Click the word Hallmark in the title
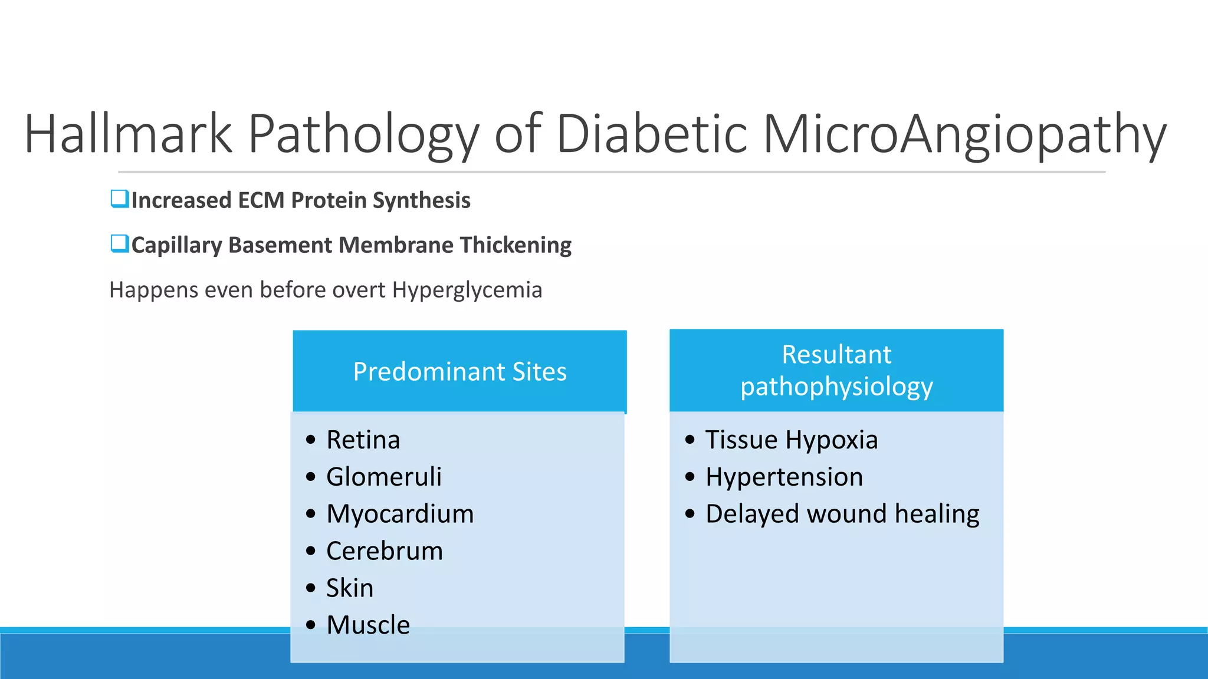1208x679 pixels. point(128,134)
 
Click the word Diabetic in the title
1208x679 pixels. point(652,134)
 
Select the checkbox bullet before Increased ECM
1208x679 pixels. point(119,199)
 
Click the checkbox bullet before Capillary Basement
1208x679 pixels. point(119,243)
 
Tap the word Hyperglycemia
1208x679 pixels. point(467,290)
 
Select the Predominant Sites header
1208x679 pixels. point(459,372)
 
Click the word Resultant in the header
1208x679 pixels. point(836,355)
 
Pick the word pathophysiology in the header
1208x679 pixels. point(836,387)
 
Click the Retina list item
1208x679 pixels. point(363,440)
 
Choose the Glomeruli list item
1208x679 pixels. point(383,477)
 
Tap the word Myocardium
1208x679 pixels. point(400,514)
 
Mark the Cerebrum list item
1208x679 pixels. point(384,551)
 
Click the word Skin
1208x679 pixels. point(350,588)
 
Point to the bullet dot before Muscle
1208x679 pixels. point(311,625)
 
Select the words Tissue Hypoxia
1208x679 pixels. point(791,440)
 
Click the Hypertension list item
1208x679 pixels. point(784,477)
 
